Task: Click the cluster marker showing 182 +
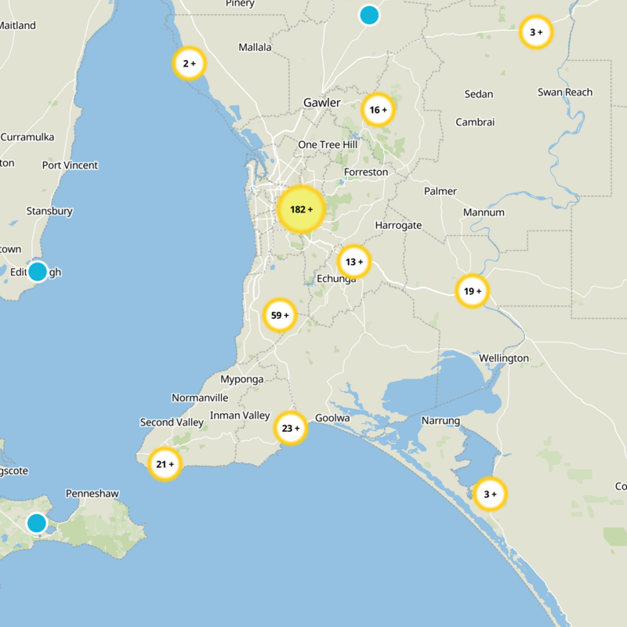tap(301, 209)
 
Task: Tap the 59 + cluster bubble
tap(280, 315)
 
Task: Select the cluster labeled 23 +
tap(291, 428)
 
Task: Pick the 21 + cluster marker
tap(165, 464)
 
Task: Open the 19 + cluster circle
tap(472, 291)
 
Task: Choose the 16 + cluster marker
tap(378, 110)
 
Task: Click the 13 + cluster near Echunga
tap(354, 262)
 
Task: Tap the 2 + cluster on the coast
tap(189, 63)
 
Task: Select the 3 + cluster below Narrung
tap(491, 494)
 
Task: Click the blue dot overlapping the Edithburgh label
tap(37, 271)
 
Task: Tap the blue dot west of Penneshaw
tap(37, 523)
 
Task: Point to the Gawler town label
tap(322, 103)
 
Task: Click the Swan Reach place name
tap(564, 92)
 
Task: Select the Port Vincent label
tap(70, 165)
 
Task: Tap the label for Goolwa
tap(332, 418)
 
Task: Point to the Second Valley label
tap(172, 422)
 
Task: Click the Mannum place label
tap(484, 212)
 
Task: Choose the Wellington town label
tap(504, 358)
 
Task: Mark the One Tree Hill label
tap(328, 144)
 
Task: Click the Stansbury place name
tap(49, 211)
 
